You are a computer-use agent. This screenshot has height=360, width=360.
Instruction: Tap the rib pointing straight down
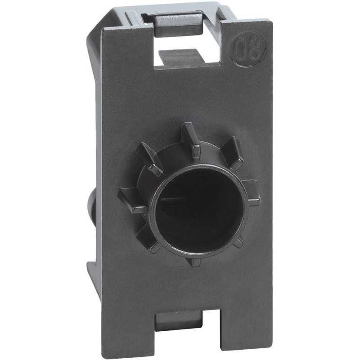(194, 260)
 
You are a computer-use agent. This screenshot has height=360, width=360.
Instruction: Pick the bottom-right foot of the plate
(254, 335)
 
